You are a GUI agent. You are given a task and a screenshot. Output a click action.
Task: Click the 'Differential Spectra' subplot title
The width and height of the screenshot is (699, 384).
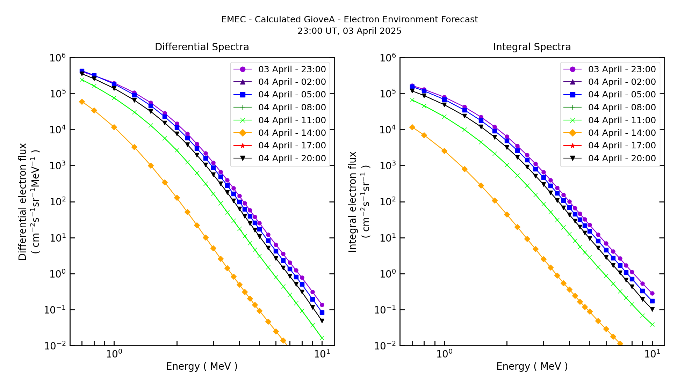(x=202, y=47)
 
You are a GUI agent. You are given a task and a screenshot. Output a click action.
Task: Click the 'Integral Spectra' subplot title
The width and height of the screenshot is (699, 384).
(x=532, y=47)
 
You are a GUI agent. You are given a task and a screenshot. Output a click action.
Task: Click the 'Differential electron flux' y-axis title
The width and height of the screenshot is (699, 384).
(x=23, y=201)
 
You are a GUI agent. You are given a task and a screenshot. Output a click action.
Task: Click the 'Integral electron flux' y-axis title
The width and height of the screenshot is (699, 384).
(x=353, y=201)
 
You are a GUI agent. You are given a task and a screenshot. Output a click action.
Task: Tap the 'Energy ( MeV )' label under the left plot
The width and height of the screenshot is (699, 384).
(x=202, y=366)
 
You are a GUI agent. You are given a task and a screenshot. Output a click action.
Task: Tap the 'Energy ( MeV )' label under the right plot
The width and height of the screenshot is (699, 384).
(x=532, y=366)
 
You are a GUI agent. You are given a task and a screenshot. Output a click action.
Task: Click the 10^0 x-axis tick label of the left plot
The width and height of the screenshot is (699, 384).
(x=114, y=354)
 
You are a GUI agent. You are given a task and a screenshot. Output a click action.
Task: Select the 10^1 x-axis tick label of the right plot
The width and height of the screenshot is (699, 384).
(x=652, y=354)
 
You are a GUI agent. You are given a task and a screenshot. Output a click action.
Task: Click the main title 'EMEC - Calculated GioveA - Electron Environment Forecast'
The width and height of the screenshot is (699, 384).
(x=349, y=20)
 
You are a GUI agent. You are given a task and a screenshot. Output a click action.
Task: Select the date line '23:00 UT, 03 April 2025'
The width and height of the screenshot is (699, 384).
(x=349, y=31)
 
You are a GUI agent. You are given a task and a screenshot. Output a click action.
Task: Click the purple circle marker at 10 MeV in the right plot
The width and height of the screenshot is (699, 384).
(x=652, y=294)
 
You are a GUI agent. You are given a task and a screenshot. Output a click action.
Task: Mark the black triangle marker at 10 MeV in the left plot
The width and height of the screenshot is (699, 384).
(x=322, y=320)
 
